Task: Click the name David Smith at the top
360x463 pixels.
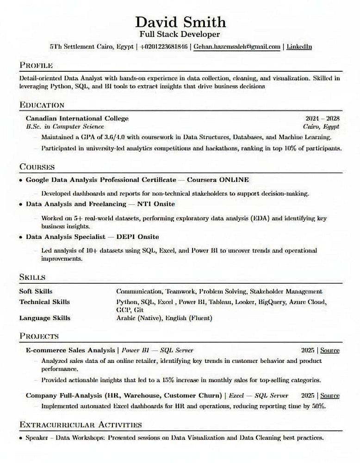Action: tap(180, 21)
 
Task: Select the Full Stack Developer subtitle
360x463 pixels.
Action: tap(180, 34)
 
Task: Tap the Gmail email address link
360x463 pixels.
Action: tap(237, 47)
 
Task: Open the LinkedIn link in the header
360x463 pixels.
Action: tap(299, 47)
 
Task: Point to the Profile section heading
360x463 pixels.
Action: tap(36, 65)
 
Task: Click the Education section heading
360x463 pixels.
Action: tap(42, 105)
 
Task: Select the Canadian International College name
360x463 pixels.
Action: tap(77, 119)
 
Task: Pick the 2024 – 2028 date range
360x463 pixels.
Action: tap(323, 119)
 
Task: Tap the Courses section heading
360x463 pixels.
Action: tap(37, 167)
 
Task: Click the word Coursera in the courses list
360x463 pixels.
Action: tap(201, 180)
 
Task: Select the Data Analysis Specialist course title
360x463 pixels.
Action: tap(66, 237)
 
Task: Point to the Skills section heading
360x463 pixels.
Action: tap(32, 277)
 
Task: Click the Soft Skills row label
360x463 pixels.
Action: tap(36, 291)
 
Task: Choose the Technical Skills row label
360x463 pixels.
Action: tap(44, 302)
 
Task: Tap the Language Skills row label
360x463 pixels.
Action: tap(45, 318)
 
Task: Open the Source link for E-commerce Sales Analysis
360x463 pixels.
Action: tap(330, 350)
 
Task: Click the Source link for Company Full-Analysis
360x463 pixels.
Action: tap(330, 396)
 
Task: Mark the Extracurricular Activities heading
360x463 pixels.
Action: tap(81, 424)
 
